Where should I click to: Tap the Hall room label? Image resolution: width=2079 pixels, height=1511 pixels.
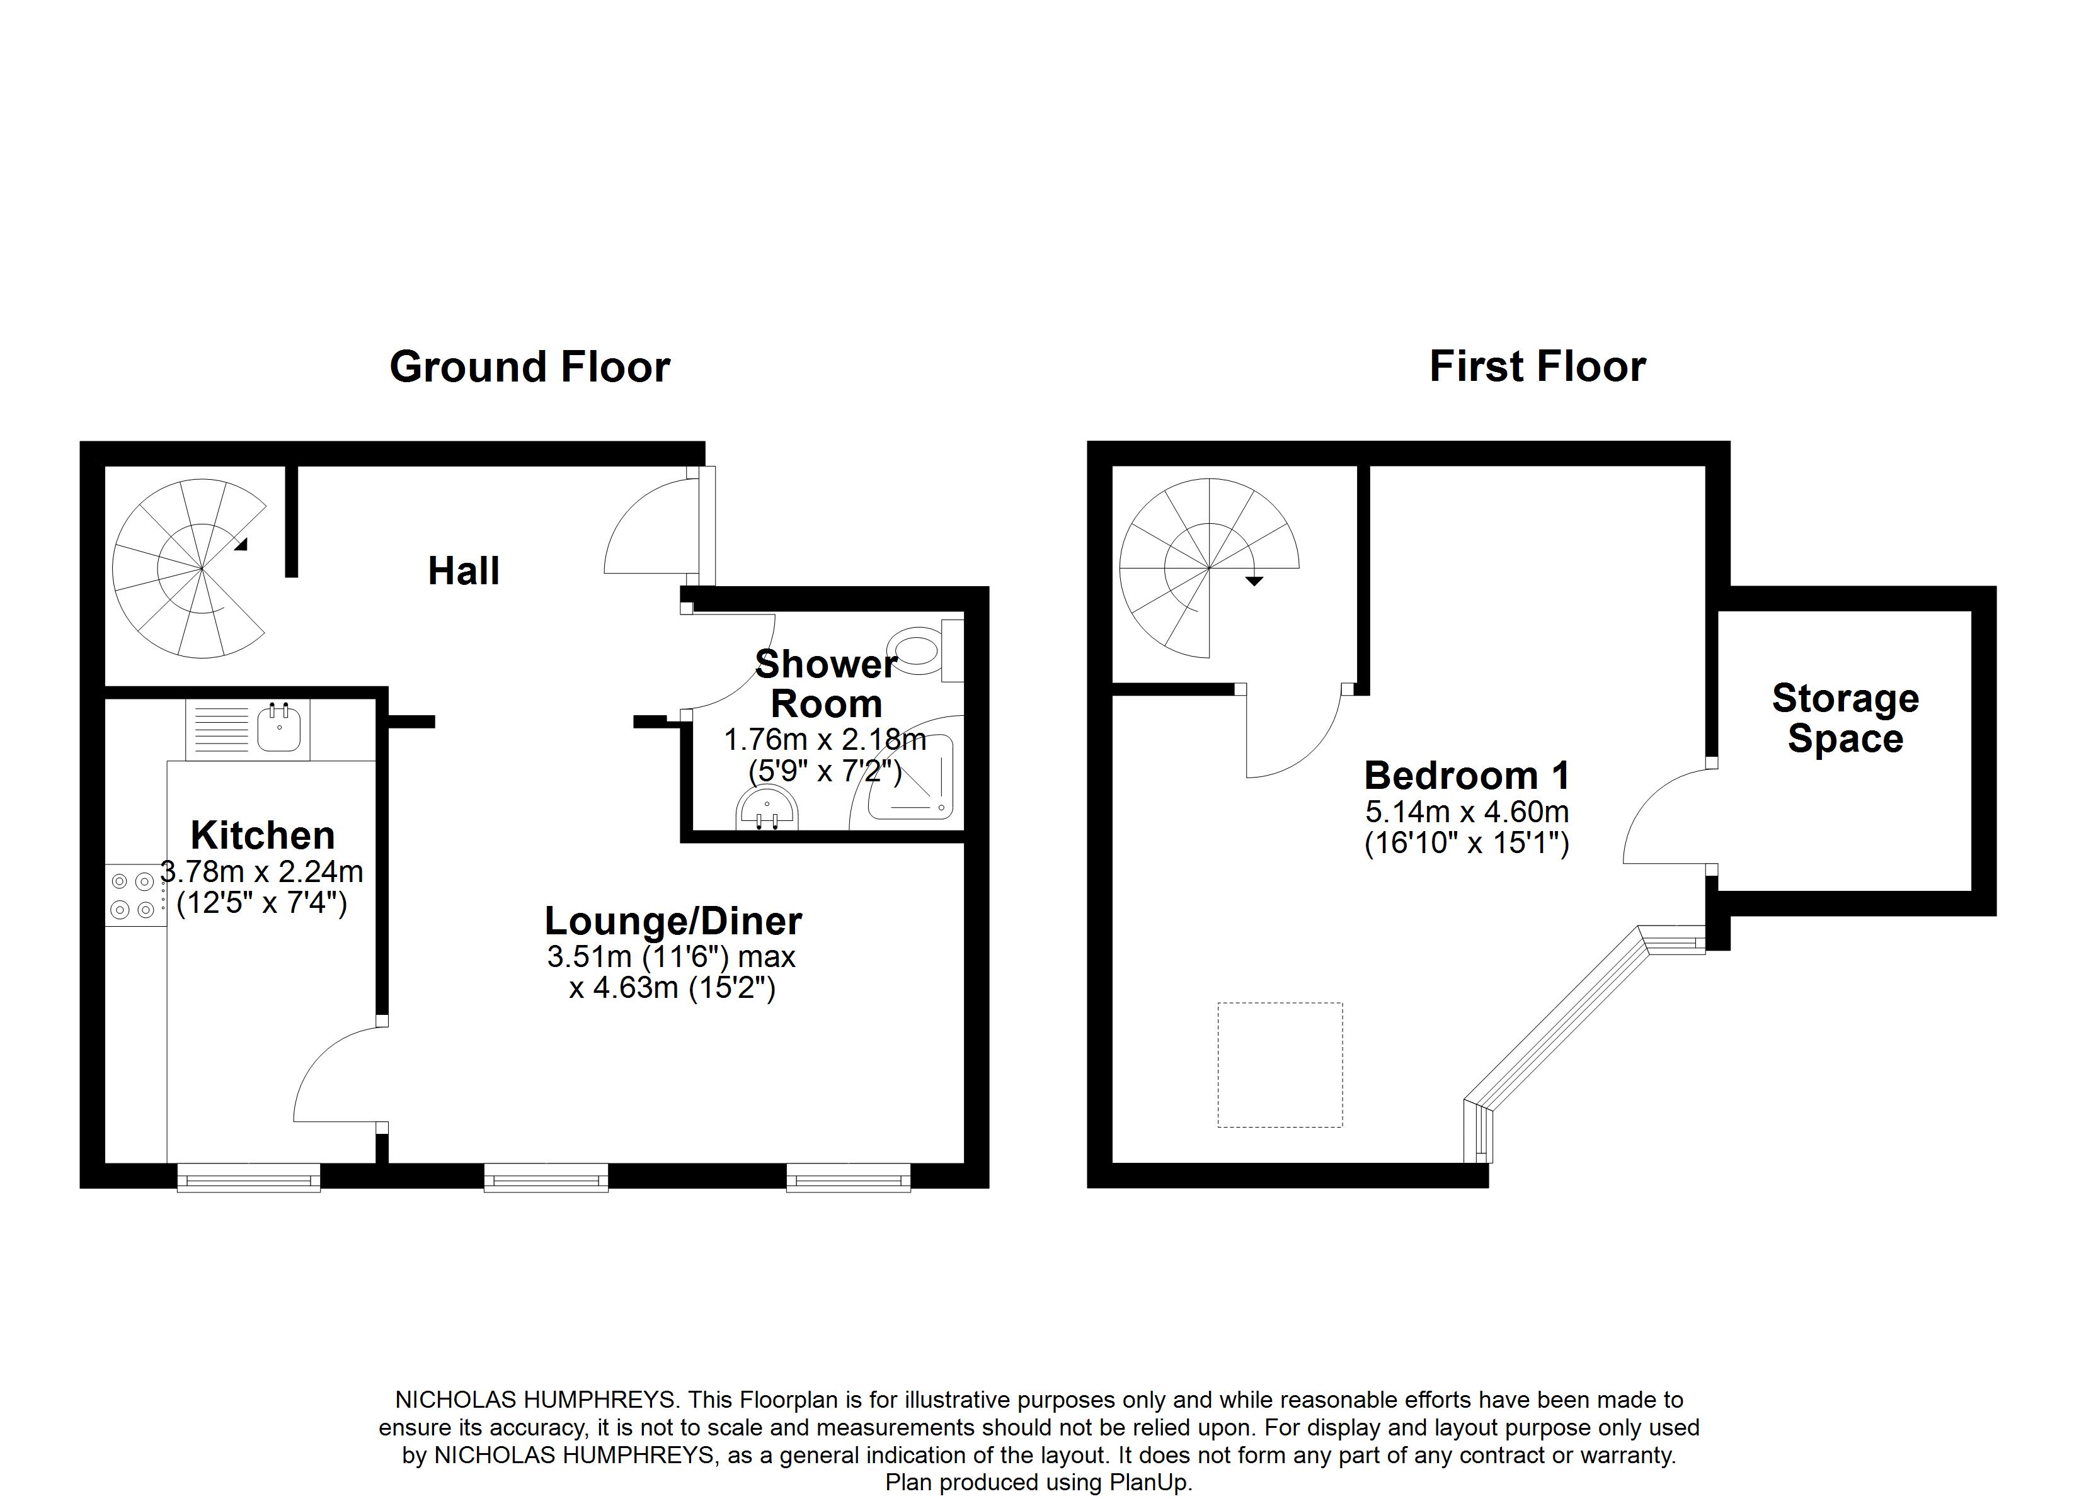(x=464, y=572)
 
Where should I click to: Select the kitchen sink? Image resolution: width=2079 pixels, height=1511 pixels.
(x=278, y=728)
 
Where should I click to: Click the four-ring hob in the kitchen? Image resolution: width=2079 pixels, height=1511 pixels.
(x=133, y=895)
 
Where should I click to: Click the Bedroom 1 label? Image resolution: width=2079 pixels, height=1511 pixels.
(x=1467, y=776)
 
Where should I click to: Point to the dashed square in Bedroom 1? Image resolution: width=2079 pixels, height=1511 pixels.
(x=1280, y=1065)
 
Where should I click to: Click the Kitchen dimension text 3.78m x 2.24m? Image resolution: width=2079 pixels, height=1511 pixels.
(x=262, y=871)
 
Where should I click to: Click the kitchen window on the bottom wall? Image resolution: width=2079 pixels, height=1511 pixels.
(x=248, y=1177)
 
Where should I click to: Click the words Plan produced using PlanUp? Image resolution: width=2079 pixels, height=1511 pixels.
(x=1039, y=1483)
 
